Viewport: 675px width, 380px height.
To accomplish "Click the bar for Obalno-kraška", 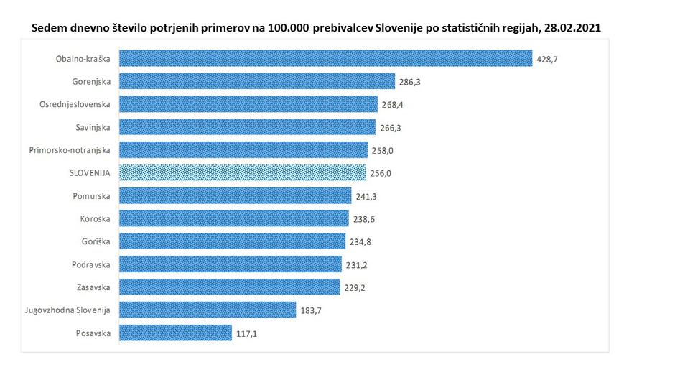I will pos(325,58).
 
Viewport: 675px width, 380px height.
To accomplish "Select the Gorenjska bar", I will pos(256,81).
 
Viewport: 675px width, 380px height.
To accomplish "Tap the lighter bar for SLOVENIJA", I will pos(241,172).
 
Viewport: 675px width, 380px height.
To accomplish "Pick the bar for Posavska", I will pos(175,333).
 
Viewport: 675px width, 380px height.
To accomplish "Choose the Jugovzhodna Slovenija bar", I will pos(207,310).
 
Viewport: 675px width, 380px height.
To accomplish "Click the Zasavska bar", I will pos(229,287).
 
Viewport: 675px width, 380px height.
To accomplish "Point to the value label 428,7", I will pos(547,59).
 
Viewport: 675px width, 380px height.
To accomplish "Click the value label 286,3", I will pos(409,82).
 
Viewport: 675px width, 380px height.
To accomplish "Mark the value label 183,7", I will pos(310,310).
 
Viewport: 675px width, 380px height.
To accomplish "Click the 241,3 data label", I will pos(366,196).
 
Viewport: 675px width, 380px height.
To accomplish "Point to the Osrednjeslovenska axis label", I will pos(75,104).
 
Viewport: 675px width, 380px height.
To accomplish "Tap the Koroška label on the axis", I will pos(94,218).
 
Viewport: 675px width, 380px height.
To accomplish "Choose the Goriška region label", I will pos(95,241).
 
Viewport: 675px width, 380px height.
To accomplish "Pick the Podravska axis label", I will pos(91,264).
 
